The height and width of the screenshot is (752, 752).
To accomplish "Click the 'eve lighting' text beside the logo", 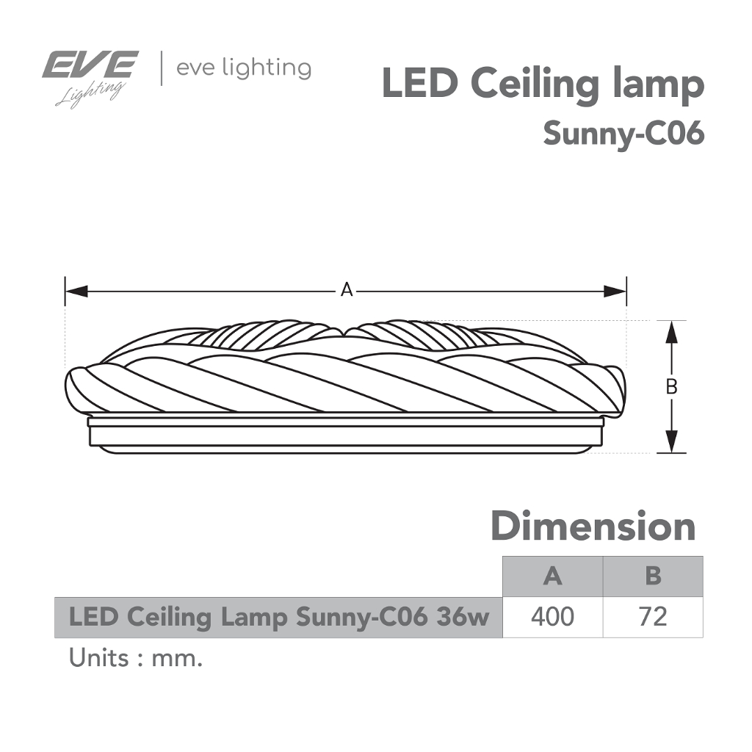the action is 244,69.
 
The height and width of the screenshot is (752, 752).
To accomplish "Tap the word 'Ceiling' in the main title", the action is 535,85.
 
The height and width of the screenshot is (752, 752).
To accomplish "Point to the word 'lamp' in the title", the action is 659,87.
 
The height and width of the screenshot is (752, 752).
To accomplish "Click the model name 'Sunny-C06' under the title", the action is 624,133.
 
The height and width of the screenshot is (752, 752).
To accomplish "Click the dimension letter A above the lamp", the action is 347,290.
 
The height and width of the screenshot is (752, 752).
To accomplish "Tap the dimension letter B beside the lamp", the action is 671,386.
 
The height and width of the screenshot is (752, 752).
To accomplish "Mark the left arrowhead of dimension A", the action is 76,291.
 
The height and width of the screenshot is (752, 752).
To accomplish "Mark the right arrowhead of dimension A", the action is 615,291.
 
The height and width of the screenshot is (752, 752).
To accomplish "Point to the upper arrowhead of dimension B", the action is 671,332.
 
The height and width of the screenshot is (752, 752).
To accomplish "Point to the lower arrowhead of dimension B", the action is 671,441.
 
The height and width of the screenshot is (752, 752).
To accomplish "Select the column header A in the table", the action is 552,576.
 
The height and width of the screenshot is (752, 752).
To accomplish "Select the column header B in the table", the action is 653,576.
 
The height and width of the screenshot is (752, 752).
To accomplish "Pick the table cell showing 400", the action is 552,617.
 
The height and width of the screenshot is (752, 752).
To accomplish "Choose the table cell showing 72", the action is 653,617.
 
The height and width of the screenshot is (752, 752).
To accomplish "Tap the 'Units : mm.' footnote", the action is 136,659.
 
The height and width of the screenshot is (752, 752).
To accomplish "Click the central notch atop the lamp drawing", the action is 347,332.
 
